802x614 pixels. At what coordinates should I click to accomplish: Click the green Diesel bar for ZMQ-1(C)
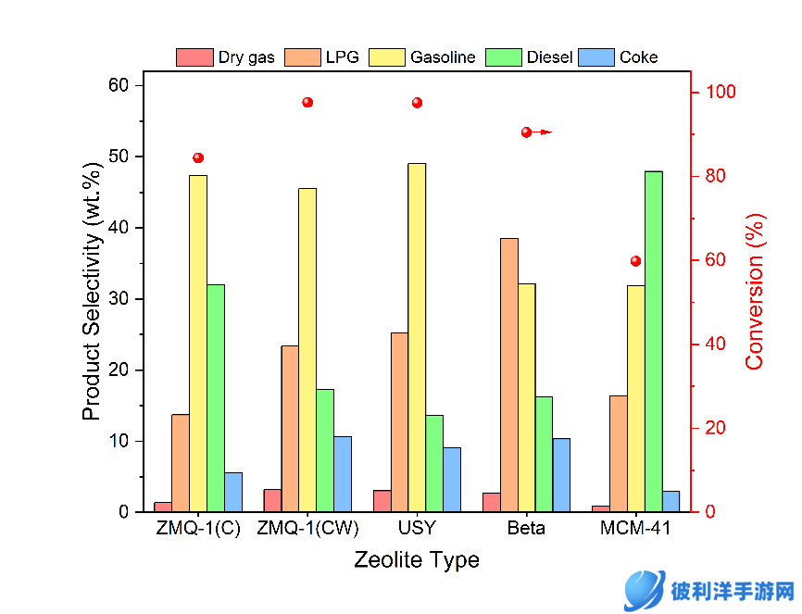(216, 398)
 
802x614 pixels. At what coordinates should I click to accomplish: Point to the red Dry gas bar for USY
(382, 501)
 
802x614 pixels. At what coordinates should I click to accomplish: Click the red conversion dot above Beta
(526, 132)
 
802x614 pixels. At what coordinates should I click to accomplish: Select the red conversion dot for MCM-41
(635, 261)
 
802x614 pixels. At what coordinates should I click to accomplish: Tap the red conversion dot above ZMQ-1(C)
(198, 157)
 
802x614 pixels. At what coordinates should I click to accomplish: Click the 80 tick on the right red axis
(713, 176)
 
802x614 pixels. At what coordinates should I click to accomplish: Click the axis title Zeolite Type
(417, 560)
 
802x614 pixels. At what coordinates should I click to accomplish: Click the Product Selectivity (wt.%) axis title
(91, 299)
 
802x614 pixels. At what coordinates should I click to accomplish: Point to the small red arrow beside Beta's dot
(544, 132)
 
